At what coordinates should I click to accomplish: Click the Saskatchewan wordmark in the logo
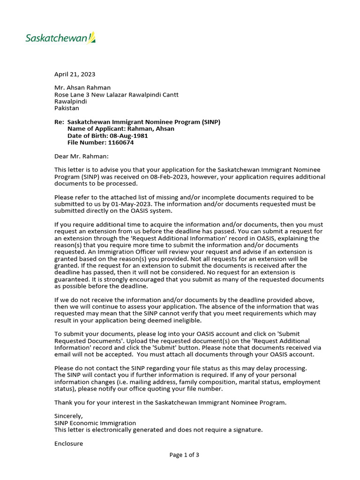tap(56, 38)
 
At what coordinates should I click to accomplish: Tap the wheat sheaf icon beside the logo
tap(92, 37)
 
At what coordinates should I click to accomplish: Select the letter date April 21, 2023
tap(75, 74)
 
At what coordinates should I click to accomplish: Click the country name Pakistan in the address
tap(67, 108)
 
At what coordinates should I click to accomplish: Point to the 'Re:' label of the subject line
tap(59, 122)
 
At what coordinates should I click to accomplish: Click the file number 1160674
tap(120, 142)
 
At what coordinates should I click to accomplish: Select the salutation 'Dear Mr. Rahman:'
tap(81, 156)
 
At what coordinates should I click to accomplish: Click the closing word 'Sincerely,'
tap(68, 416)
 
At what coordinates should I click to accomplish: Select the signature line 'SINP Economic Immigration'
tap(95, 423)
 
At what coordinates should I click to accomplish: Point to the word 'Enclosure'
tap(68, 443)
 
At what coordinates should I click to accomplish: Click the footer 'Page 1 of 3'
tap(184, 455)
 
